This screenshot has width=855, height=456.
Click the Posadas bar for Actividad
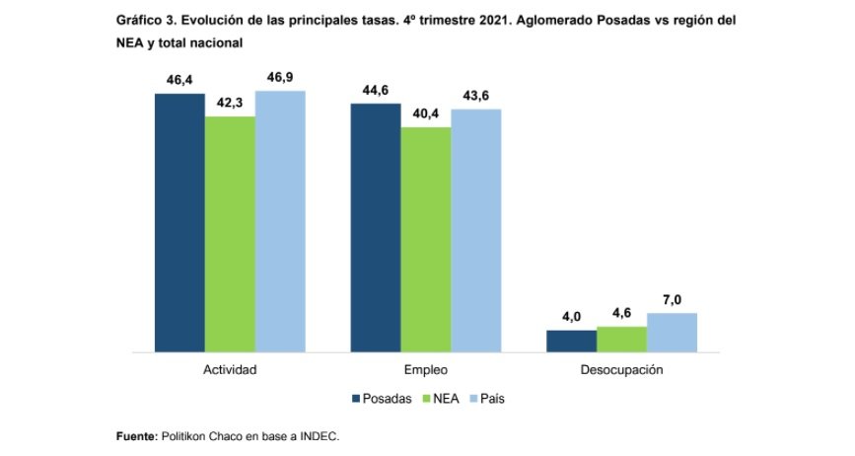[178, 222]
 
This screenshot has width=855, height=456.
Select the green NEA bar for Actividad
[230, 234]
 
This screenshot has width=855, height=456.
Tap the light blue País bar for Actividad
[280, 221]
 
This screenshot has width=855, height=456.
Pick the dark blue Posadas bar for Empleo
[376, 226]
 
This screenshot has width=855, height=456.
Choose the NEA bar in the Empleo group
[426, 239]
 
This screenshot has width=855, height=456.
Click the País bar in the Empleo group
[476, 230]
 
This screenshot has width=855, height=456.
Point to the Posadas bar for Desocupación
[572, 341]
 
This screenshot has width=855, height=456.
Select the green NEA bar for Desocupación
[622, 339]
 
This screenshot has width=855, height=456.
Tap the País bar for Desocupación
[673, 332]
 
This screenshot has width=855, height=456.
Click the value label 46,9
[280, 77]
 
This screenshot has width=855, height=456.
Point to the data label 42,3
[230, 103]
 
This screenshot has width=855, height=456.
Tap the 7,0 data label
[673, 299]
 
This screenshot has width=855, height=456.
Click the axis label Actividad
[230, 370]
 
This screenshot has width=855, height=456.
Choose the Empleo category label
[426, 370]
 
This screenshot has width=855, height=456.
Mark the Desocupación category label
[622, 370]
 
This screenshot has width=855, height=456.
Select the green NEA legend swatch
[429, 399]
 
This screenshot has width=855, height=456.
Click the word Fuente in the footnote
[135, 434]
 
